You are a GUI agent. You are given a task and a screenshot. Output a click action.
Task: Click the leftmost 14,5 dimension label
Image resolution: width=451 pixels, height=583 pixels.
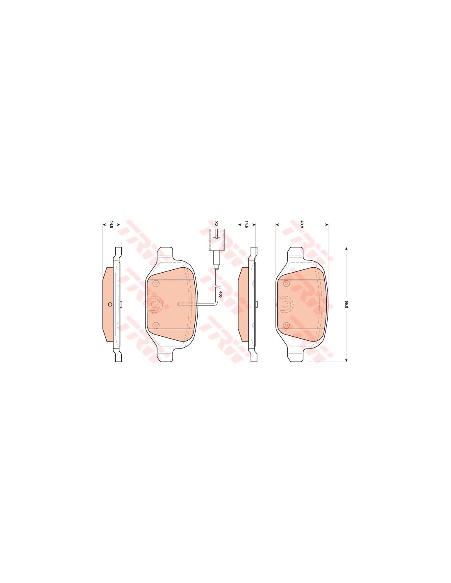112,225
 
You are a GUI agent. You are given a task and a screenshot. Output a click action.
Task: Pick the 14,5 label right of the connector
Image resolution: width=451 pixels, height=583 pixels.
246,225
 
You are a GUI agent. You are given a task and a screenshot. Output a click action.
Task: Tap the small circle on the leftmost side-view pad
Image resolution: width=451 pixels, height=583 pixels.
109,304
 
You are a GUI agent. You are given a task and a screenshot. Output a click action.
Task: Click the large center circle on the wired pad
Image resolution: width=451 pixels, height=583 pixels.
155,304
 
